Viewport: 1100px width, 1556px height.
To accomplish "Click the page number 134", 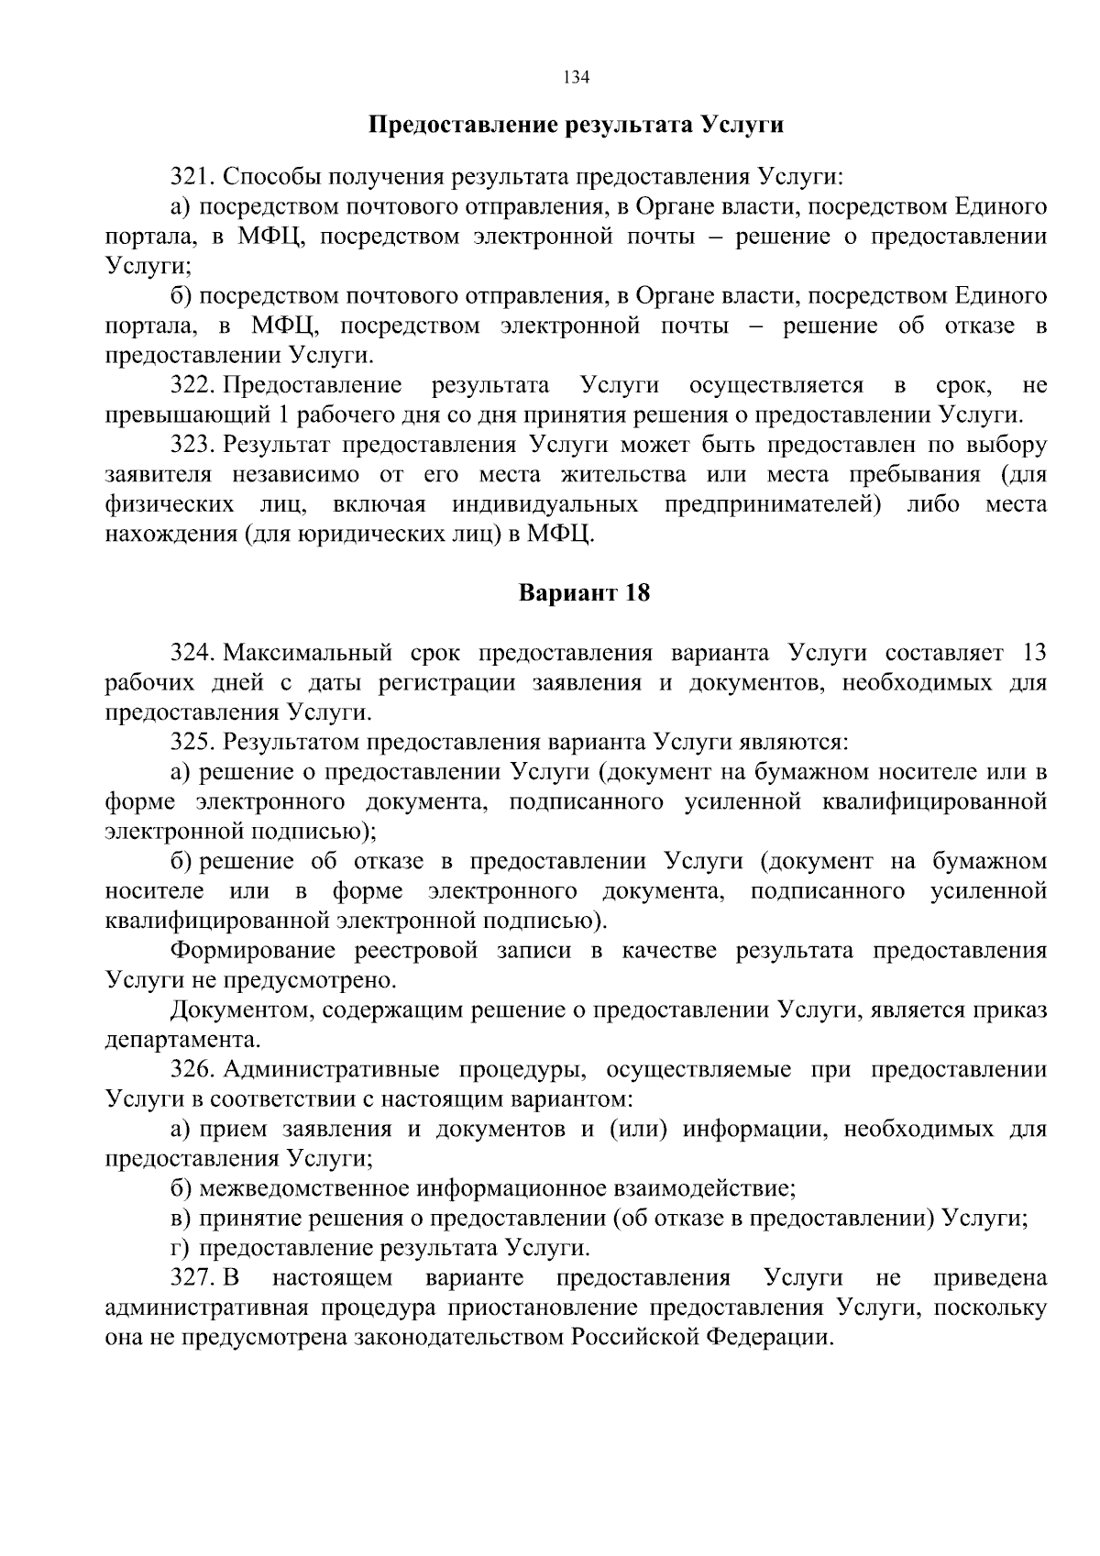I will [x=577, y=77].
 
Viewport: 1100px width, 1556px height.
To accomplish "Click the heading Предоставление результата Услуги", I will [x=576, y=125].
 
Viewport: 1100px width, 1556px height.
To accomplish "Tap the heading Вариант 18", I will [x=584, y=593].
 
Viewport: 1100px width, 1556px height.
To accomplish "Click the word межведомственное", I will [x=303, y=1188].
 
